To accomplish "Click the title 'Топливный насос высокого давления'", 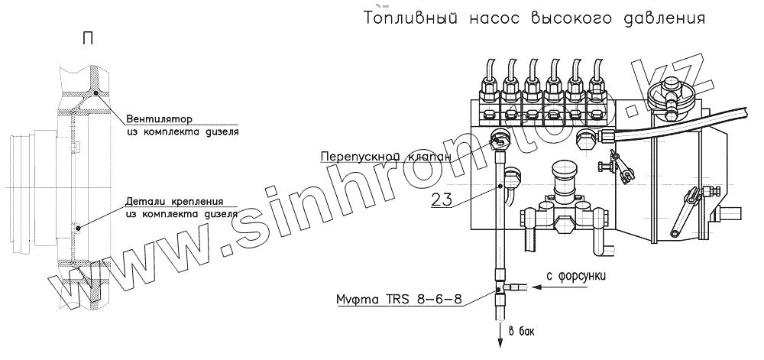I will pos(534,18).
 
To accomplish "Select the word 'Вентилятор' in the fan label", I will pos(159,118).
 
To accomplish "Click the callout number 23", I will pos(442,199).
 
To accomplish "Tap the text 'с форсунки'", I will pos(577,276).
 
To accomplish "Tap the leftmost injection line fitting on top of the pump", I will pos(488,86).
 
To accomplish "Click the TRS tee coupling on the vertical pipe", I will pos(500,288).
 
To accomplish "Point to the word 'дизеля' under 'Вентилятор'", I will pos(221,131).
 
